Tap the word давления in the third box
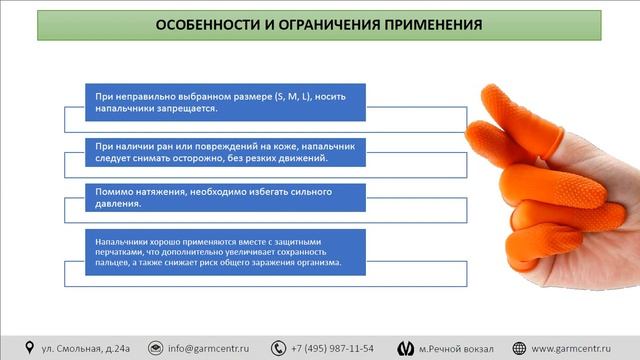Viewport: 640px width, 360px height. pyautogui.click(x=118, y=203)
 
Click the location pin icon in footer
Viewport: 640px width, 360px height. pyautogui.click(x=29, y=348)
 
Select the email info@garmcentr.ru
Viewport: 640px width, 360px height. pyautogui.click(x=208, y=348)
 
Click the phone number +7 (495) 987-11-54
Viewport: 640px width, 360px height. pyautogui.click(x=333, y=348)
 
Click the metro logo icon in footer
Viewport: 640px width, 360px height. pyautogui.click(x=405, y=348)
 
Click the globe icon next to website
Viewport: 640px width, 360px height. pyautogui.click(x=519, y=348)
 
